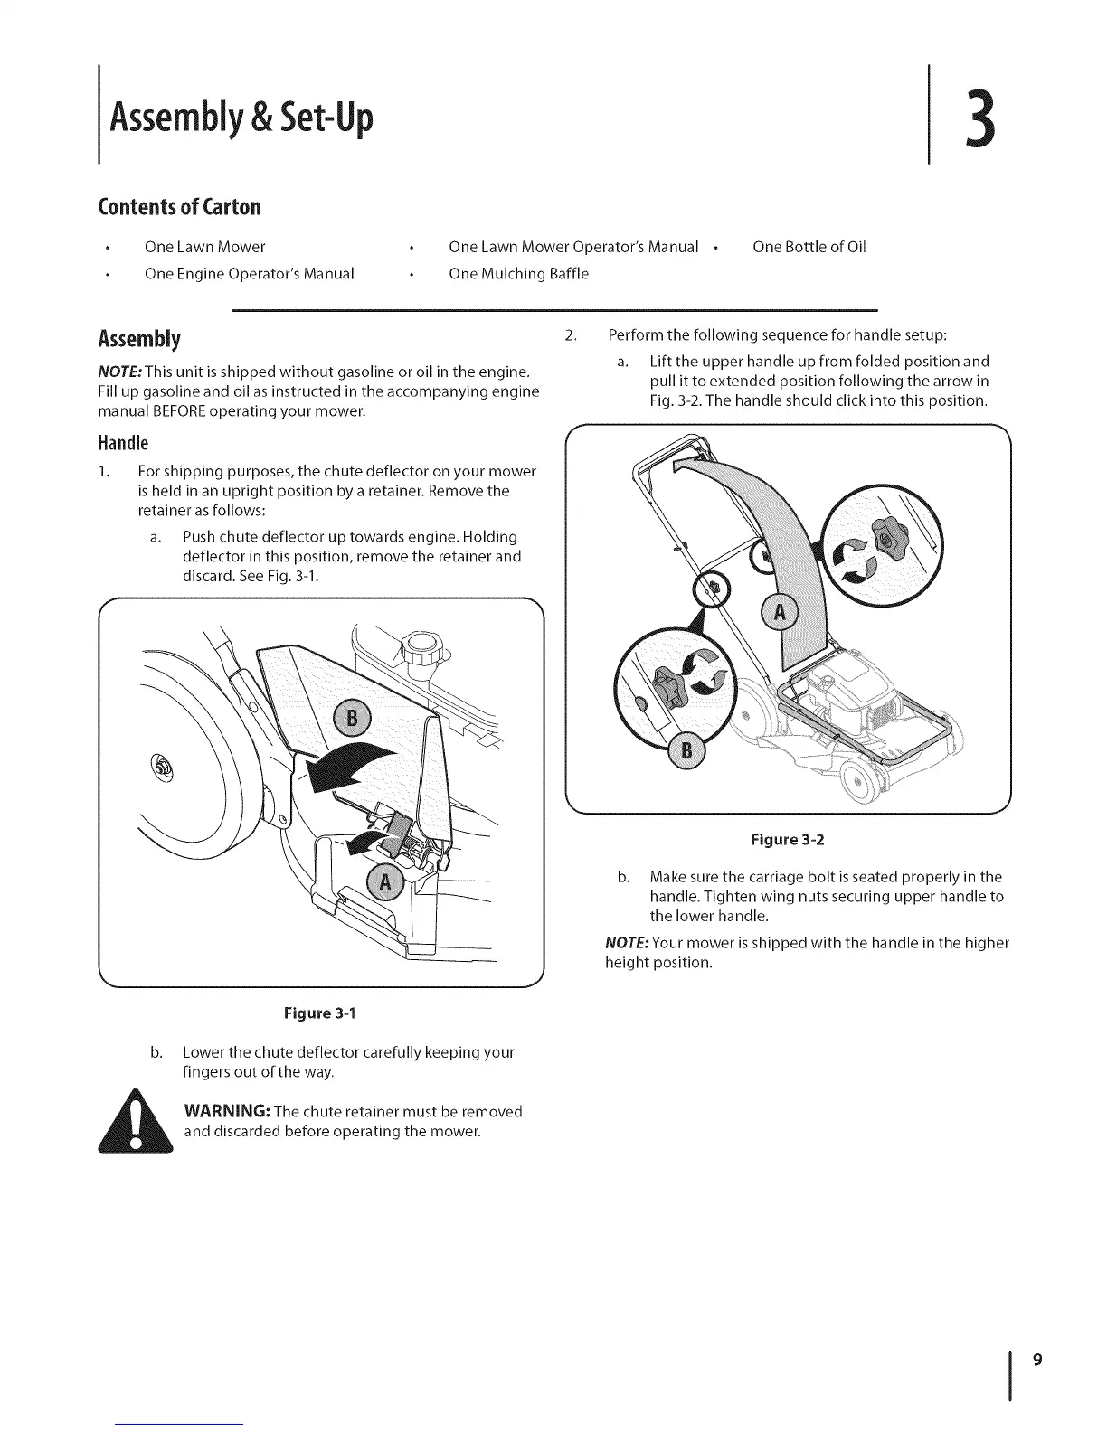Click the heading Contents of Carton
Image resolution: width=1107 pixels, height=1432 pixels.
(179, 207)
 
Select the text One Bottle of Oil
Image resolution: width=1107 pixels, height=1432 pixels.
(809, 247)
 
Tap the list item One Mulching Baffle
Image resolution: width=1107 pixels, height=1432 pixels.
(518, 274)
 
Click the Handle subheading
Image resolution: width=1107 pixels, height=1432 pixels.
(122, 443)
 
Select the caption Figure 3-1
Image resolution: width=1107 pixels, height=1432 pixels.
(320, 1013)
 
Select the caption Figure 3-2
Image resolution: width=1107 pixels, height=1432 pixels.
(787, 840)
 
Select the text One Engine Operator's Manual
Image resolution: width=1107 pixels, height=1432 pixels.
(249, 274)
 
